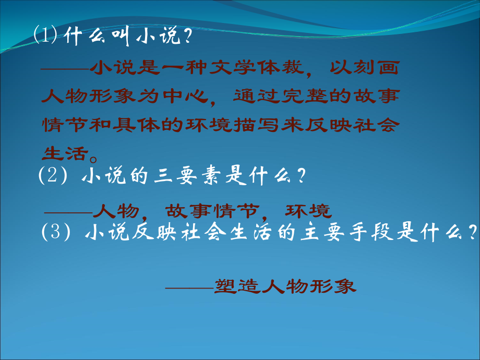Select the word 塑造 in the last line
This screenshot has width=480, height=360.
(x=233, y=286)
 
